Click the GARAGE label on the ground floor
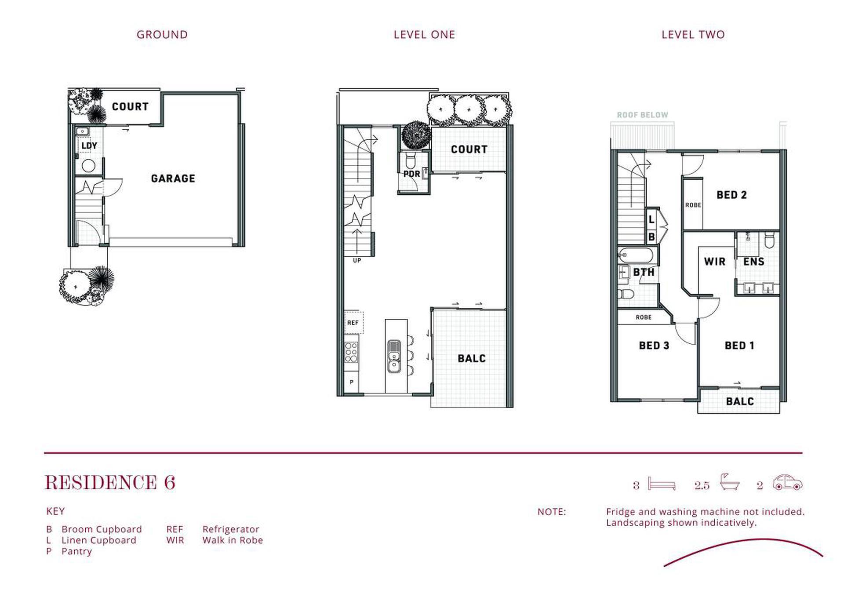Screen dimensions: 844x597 coord(173,178)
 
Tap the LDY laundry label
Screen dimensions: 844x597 coord(89,146)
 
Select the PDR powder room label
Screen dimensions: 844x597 coord(411,174)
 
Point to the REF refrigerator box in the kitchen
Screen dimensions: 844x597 coord(353,323)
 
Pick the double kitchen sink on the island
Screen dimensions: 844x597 coord(394,356)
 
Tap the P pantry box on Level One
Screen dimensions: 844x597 coord(351,382)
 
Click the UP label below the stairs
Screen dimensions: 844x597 coord(357,261)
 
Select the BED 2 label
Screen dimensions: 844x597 coord(731,195)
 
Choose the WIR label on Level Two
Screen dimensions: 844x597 coord(714,262)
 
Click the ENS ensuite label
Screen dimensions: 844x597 coord(753,262)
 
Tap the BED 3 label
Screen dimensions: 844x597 coord(654,346)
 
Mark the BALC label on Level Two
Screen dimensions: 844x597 coord(740,401)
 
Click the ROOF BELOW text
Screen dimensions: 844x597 coord(642,115)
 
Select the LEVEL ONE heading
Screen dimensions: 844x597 coord(424,35)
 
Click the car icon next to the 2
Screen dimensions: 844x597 coord(787,482)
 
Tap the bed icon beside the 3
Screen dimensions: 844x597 coord(662,484)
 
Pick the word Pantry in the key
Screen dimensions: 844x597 coord(76,551)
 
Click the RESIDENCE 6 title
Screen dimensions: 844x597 coord(110,483)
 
